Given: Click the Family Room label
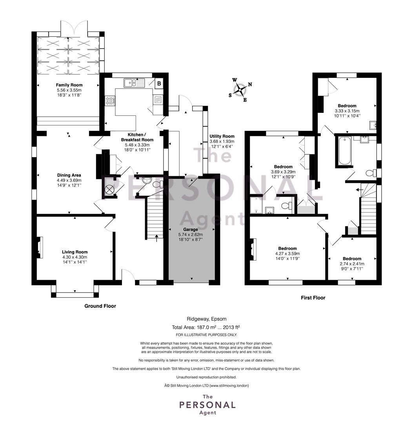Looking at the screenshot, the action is tap(69, 85).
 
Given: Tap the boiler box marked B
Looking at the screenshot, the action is tap(159, 84).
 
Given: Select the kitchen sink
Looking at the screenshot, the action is tap(135, 83).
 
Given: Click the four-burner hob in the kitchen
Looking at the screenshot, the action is tap(110, 101).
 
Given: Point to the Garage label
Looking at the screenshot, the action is tap(191, 229).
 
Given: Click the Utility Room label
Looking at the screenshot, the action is tap(222, 136).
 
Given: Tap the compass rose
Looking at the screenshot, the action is tap(240, 90).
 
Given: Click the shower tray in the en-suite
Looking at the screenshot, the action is tap(257, 205).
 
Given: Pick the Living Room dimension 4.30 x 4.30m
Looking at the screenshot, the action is tap(75, 257).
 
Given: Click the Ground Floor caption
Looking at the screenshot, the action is tap(100, 306).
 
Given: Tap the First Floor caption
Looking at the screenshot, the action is tap(313, 298).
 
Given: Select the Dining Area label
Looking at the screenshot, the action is tap(69, 175).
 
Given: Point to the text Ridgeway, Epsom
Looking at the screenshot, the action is tap(207, 319).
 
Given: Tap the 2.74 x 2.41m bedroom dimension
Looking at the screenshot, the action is tap(352, 264).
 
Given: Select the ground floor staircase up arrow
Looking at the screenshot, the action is tap(157, 238).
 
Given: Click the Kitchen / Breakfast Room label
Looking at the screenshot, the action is tap(137, 137).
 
